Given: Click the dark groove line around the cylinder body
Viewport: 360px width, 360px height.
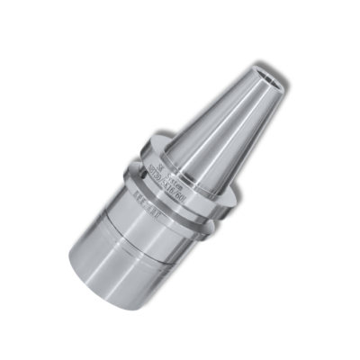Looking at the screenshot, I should (x=136, y=237).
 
